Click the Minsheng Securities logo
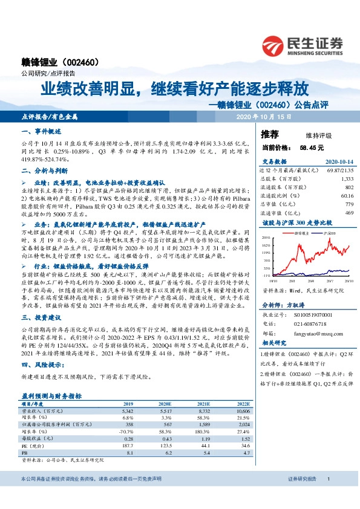pyautogui.click(x=303, y=45)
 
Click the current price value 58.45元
pyautogui.click(x=312, y=148)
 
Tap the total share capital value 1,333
pyautogui.click(x=347, y=180)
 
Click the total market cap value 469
pyautogui.click(x=349, y=212)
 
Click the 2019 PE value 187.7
pyautogui.click(x=127, y=445)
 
